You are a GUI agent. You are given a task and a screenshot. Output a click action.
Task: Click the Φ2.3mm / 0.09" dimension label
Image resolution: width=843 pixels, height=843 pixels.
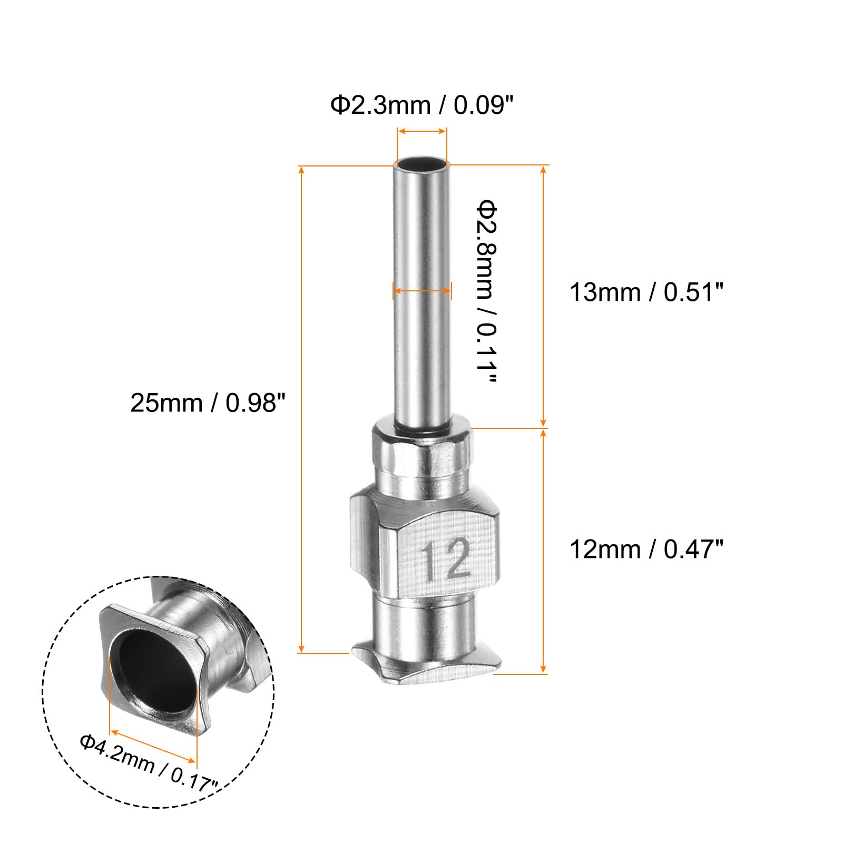421,105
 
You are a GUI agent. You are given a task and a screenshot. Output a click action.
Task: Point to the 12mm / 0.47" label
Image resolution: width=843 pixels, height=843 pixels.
646,549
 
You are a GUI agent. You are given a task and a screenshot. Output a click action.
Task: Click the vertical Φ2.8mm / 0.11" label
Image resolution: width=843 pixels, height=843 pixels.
486,291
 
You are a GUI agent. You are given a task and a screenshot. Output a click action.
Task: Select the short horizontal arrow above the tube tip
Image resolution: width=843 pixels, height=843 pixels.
422,131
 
